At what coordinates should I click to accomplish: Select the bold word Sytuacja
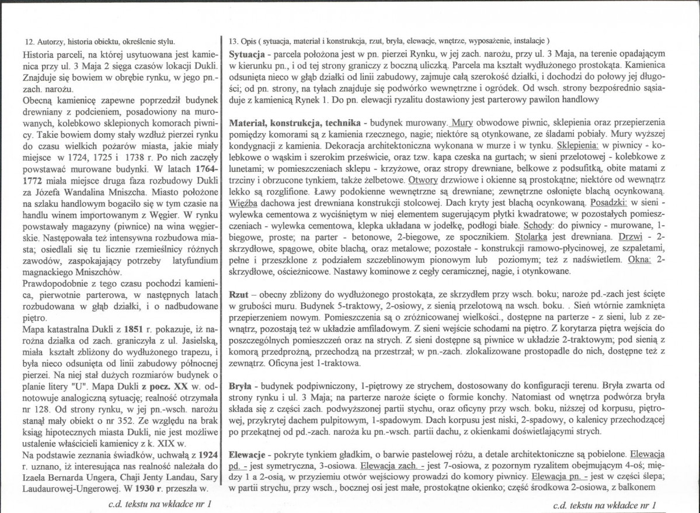click(x=248, y=53)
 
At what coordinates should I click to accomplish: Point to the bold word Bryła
click(x=242, y=388)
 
